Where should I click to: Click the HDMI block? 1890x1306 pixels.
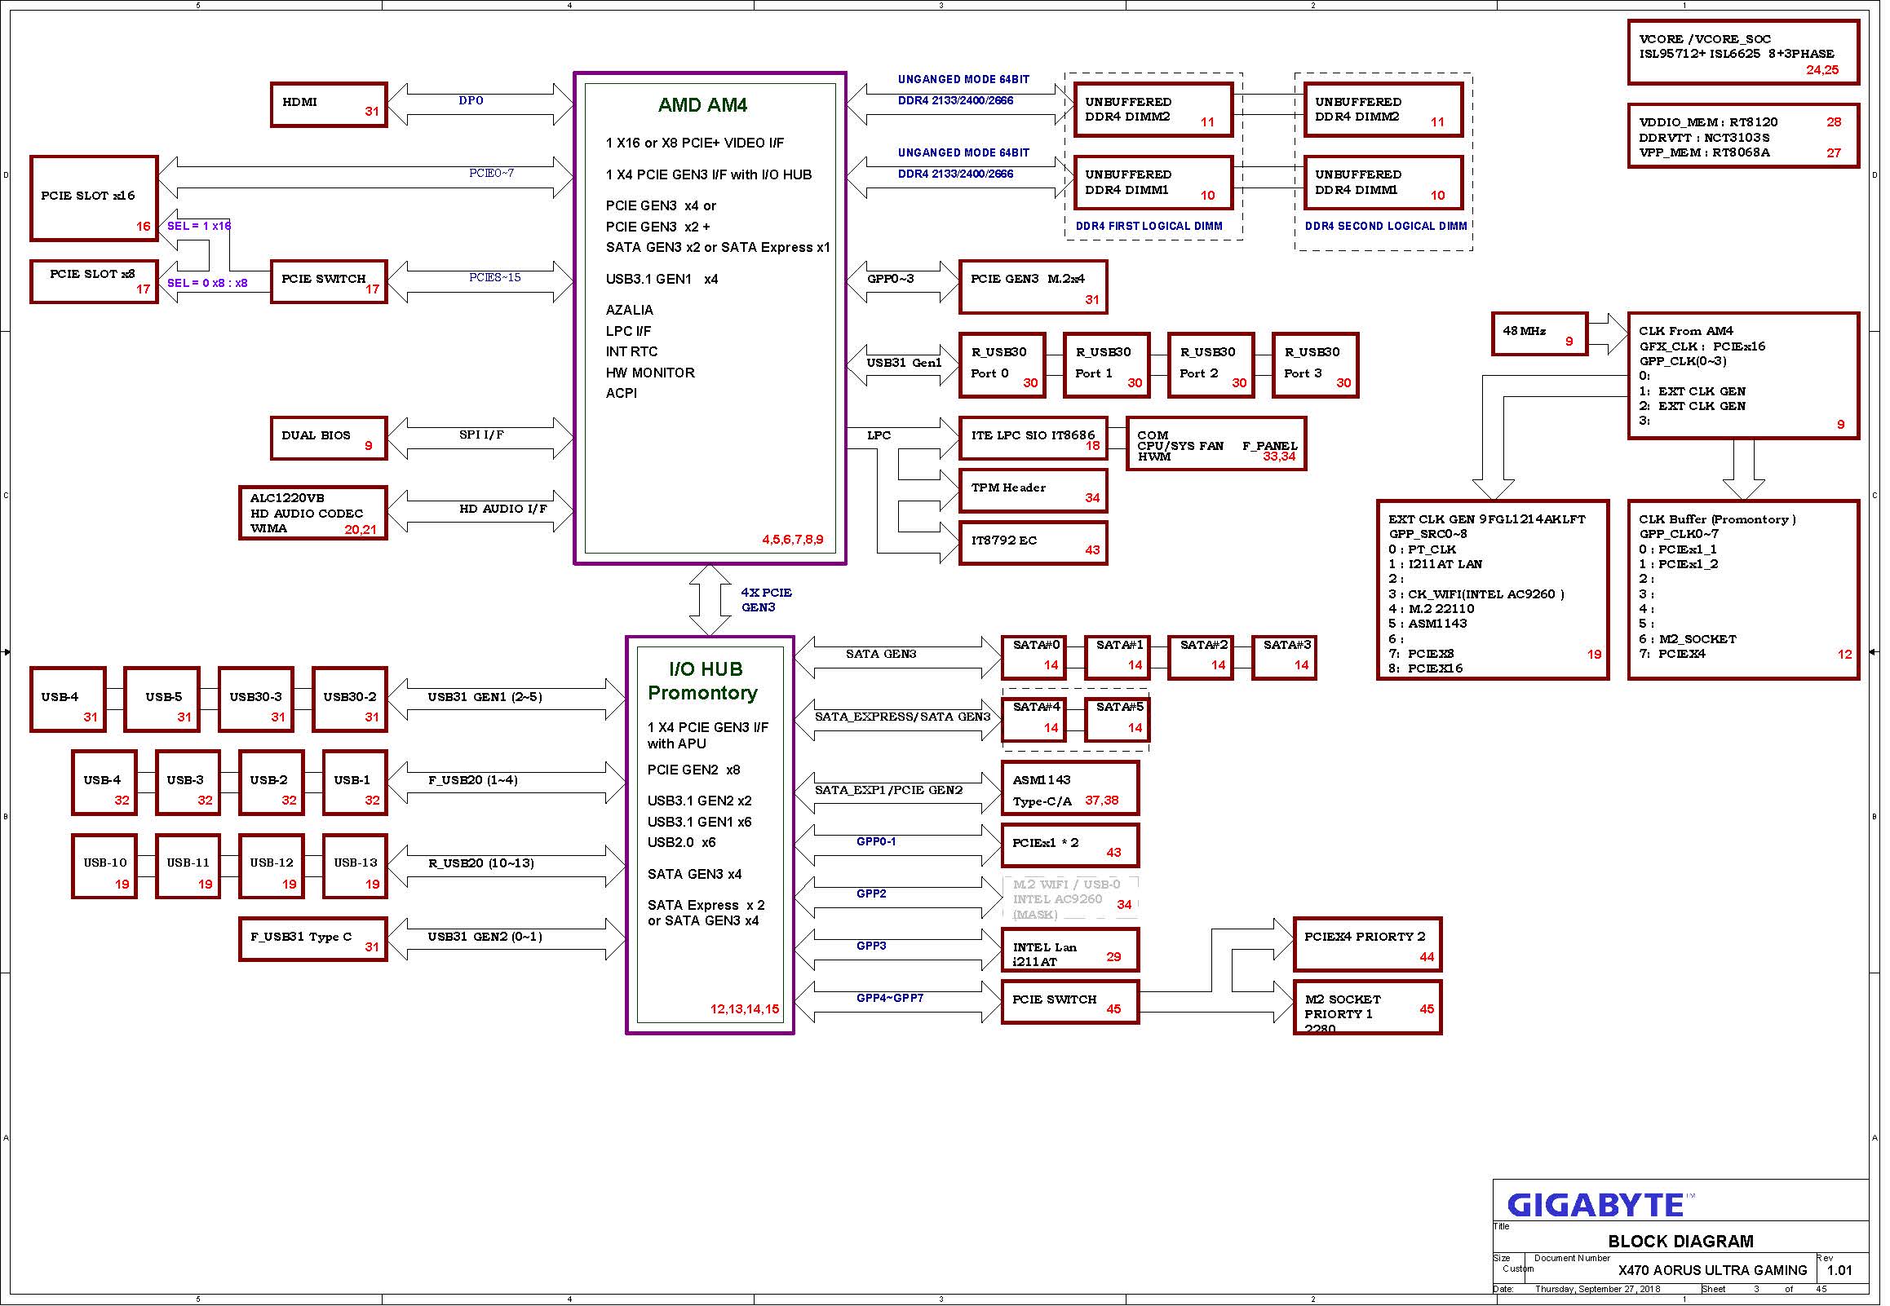coord(329,104)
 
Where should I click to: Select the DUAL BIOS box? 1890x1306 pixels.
coord(329,439)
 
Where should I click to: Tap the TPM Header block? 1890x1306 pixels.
coord(1034,490)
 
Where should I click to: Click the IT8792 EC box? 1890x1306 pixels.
coord(1034,543)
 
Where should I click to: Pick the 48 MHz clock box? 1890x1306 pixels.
coord(1540,334)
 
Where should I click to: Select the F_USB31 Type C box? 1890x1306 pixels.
coord(312,939)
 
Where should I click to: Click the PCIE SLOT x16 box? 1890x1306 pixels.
coord(94,199)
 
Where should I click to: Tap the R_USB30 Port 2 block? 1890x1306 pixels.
coord(1211,366)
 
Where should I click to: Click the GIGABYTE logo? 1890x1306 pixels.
coord(1596,1206)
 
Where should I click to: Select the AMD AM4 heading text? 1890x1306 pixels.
coord(703,104)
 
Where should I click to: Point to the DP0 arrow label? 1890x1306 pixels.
coord(471,100)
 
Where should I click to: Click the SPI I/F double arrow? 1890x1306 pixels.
coord(480,438)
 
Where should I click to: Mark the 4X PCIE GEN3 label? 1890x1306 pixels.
coord(766,600)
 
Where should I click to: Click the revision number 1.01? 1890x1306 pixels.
coord(1839,1271)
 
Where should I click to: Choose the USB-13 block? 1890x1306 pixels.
coord(356,867)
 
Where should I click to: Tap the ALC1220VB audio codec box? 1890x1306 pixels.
coord(312,514)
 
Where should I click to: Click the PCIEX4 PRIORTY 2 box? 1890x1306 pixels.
coord(1368,945)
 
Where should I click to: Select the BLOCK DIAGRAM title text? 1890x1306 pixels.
coord(1680,1242)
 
